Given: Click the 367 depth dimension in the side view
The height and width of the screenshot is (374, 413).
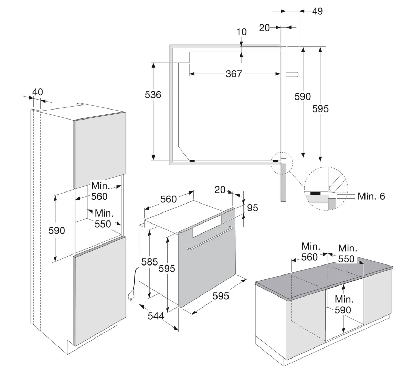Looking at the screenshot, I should pyautogui.click(x=234, y=74).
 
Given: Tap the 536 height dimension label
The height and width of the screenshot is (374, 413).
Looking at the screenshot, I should pyautogui.click(x=153, y=94).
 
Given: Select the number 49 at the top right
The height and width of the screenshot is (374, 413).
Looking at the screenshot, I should pyautogui.click(x=317, y=11).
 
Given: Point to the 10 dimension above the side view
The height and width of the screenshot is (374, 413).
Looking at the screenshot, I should pyautogui.click(x=242, y=32).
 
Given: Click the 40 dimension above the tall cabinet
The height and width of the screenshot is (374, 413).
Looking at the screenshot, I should pyautogui.click(x=38, y=92).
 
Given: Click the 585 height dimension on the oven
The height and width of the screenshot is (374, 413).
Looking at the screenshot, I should pyautogui.click(x=150, y=262).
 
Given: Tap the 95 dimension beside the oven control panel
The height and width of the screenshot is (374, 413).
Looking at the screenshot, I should pyautogui.click(x=252, y=208).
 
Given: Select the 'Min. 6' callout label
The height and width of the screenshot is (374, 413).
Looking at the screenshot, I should pyautogui.click(x=371, y=196).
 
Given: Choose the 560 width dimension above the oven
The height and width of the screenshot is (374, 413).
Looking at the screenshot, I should pyautogui.click(x=168, y=199).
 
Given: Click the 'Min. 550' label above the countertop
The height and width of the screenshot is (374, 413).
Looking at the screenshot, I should pyautogui.click(x=347, y=253).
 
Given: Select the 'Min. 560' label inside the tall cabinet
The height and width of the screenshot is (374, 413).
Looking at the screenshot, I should pyautogui.click(x=99, y=191).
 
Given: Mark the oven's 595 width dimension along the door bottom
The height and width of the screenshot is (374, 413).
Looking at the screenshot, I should pyautogui.click(x=221, y=295).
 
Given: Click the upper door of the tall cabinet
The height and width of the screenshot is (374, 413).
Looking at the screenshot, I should pyautogui.click(x=100, y=150).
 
